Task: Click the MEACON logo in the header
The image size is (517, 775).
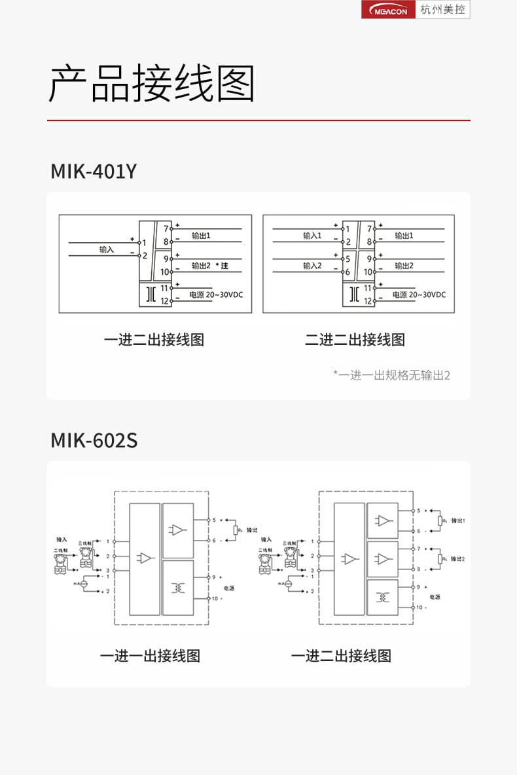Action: click(389, 10)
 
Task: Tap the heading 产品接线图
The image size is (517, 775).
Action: click(151, 83)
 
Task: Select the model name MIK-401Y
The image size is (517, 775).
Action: click(94, 171)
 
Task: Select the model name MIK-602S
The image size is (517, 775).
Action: click(94, 441)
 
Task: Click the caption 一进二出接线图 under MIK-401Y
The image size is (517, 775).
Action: click(154, 340)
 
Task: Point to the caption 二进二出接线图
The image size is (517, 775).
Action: click(355, 340)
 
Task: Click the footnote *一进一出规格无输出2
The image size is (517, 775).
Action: click(391, 375)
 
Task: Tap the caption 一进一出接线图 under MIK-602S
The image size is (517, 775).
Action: click(150, 656)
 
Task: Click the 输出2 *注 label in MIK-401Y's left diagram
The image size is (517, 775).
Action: click(209, 266)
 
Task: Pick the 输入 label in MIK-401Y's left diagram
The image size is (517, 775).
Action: click(106, 249)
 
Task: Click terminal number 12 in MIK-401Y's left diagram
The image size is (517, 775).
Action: click(165, 302)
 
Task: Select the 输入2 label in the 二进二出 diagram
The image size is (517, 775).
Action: click(312, 266)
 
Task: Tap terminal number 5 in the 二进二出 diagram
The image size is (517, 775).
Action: click(348, 259)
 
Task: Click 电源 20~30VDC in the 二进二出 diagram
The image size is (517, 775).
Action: click(419, 295)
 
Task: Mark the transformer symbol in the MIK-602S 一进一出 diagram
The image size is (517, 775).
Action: click(178, 588)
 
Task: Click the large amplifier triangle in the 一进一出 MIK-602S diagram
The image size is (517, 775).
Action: click(145, 558)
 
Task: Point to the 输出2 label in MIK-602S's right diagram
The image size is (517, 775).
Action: click(458, 559)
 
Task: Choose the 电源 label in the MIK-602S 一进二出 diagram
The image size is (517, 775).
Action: click(435, 597)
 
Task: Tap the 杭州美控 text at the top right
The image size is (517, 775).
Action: click(443, 10)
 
